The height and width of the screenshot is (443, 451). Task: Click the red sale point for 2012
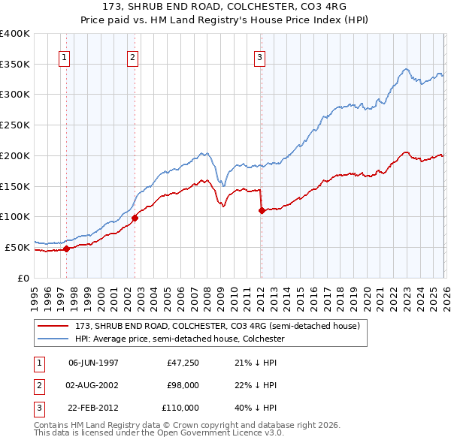tap(262, 211)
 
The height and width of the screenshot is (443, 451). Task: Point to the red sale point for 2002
tap(135, 218)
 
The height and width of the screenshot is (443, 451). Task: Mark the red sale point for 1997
tap(66, 249)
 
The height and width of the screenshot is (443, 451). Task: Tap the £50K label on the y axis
tap(17, 247)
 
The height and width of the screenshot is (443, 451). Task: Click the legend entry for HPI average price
tap(179, 339)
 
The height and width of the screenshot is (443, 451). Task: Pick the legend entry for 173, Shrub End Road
tap(218, 326)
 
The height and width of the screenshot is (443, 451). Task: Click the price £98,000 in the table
tap(183, 385)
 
